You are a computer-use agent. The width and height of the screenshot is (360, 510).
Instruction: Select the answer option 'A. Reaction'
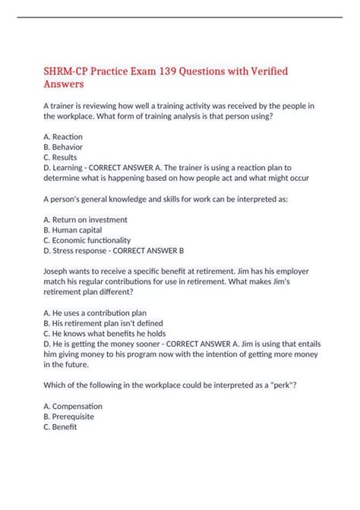click(65, 136)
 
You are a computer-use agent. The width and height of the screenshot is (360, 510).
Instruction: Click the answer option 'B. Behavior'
click(64, 147)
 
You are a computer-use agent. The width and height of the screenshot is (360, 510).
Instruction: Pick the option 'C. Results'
click(62, 157)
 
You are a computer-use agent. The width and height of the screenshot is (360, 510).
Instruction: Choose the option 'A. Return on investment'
click(86, 220)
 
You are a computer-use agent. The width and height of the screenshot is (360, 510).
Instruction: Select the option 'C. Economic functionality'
click(88, 240)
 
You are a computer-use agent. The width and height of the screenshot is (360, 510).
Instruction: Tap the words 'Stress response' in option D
click(84, 251)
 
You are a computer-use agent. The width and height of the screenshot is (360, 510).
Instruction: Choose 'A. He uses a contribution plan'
click(96, 312)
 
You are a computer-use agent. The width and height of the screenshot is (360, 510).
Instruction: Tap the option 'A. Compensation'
click(73, 406)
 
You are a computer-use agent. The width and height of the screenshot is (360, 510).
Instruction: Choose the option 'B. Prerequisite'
click(71, 417)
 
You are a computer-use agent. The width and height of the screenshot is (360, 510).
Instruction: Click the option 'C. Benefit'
click(61, 427)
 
